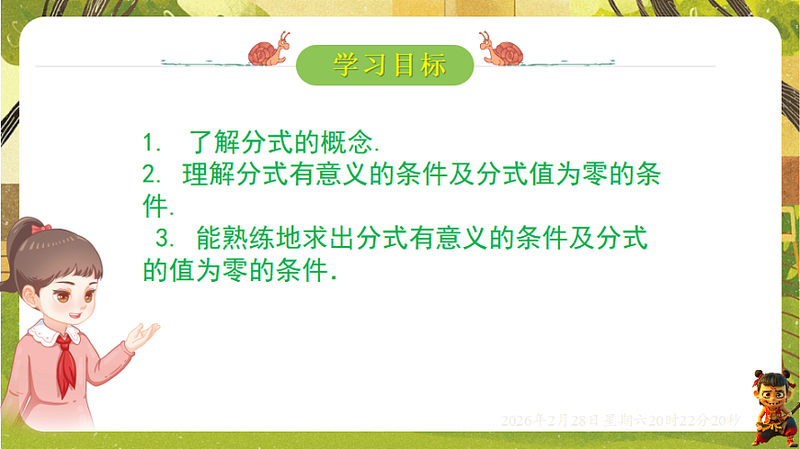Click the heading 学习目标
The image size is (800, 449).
point(389,64)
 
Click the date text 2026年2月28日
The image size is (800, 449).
point(550,421)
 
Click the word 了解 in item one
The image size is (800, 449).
point(214,143)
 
